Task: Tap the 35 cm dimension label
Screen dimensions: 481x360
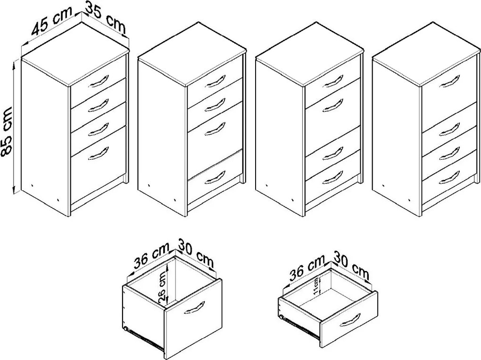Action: click(x=106, y=19)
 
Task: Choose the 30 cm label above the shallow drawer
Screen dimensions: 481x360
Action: click(x=351, y=266)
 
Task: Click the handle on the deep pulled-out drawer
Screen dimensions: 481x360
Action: click(x=194, y=308)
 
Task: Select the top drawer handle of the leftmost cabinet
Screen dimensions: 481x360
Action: click(x=99, y=81)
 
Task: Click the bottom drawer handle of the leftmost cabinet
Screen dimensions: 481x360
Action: click(x=99, y=153)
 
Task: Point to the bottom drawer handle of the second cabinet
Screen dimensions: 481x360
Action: click(x=215, y=177)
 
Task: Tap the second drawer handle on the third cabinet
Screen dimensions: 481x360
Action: click(x=333, y=105)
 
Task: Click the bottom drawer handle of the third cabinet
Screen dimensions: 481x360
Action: click(x=333, y=177)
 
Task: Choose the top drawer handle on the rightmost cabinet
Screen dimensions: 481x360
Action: click(x=449, y=81)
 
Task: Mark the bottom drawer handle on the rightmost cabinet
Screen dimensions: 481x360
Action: click(x=449, y=177)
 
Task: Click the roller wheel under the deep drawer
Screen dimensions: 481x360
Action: click(x=126, y=329)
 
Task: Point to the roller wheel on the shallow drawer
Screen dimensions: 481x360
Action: click(x=281, y=318)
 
